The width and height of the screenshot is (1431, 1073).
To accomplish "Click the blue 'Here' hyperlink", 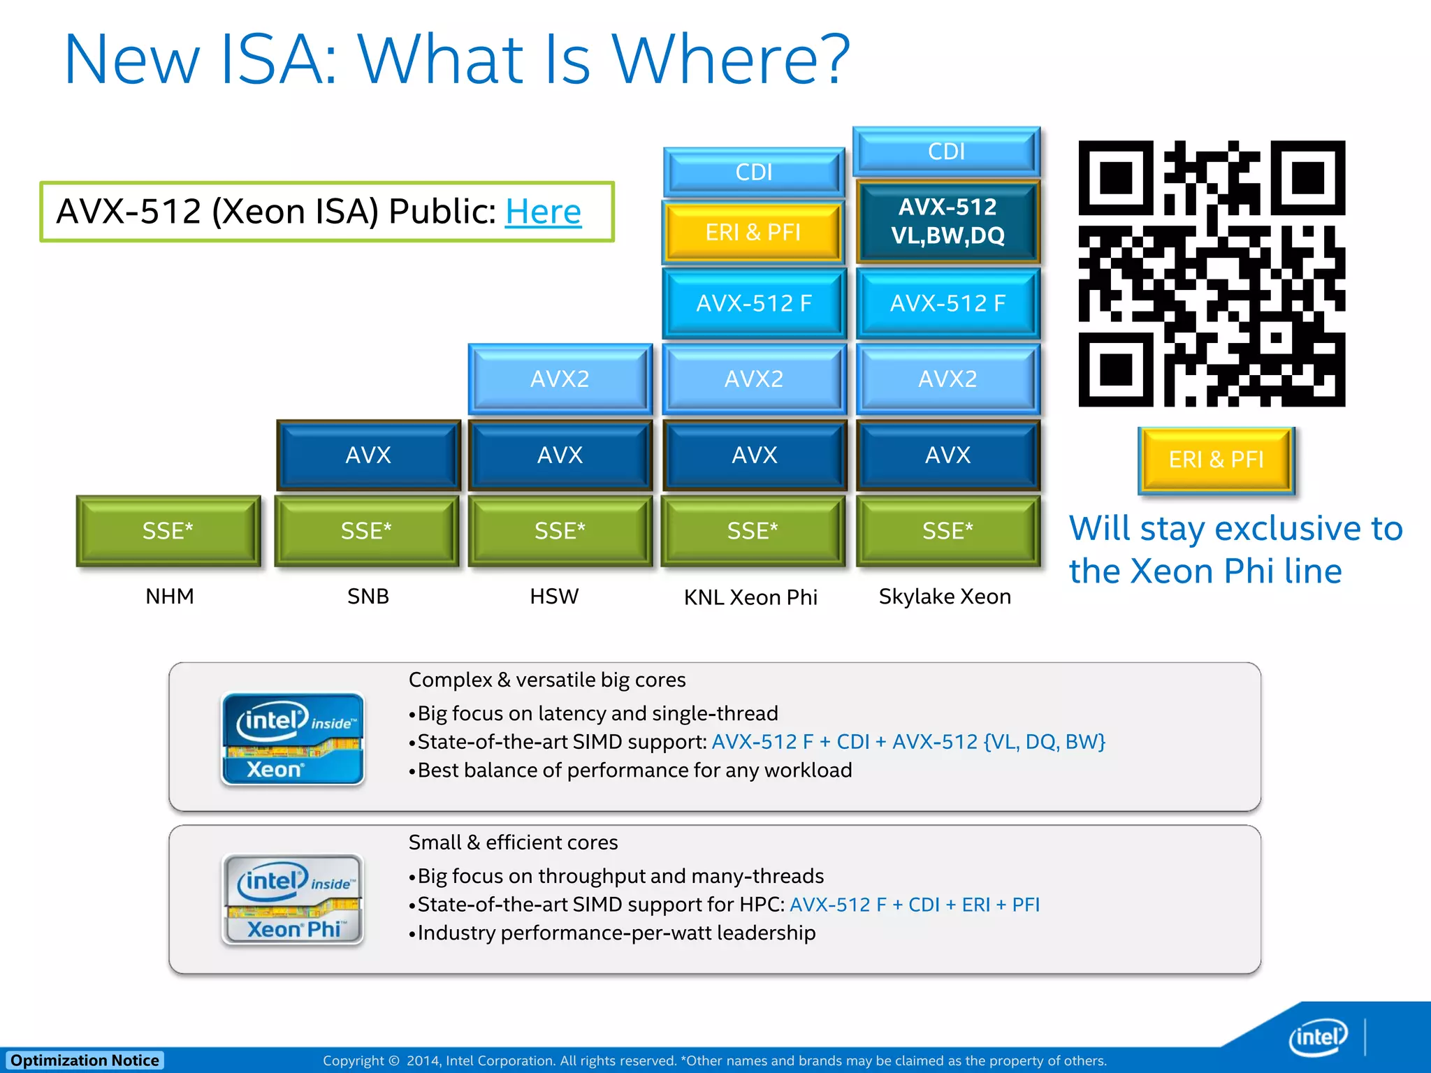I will pos(543,212).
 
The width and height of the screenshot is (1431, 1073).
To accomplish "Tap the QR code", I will pos(1211,273).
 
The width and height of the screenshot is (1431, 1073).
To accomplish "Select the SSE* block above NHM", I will pos(168,531).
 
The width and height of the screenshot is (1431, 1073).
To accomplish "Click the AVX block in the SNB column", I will pos(368,455).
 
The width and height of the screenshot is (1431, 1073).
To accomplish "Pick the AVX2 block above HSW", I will pos(560,379).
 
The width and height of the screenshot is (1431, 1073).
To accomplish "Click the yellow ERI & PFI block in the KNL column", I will pos(753,232).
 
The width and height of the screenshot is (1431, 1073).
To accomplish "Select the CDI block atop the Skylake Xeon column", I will pos(946,152).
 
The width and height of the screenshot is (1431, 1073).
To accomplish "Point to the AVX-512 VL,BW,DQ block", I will pos(947,221).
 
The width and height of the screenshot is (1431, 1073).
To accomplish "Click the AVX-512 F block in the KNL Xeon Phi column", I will pos(754,303).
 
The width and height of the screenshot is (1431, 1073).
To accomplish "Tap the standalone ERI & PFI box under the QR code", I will pos(1216,460).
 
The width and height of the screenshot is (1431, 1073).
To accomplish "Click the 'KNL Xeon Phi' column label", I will pos(750,597).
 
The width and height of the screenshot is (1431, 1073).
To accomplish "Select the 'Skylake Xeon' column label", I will pos(945,597).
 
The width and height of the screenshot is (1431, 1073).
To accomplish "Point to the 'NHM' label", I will pos(170,597).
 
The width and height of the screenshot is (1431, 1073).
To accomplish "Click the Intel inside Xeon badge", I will pos(293,739).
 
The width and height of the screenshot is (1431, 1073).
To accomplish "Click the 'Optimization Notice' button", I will pos(85,1060).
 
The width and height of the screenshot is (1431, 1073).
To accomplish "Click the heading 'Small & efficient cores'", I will pos(513,842).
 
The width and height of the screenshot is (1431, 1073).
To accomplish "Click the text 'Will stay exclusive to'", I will pos(1235,529).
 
